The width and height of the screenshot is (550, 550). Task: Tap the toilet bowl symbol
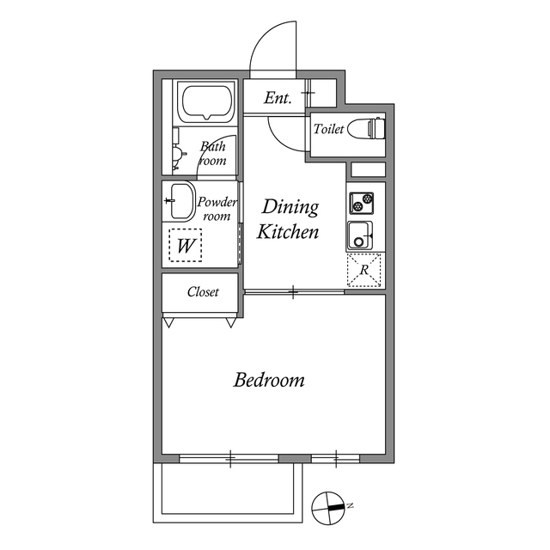pos(375,129)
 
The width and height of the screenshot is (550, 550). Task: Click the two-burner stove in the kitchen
pos(361,204)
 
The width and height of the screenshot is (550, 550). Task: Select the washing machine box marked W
pos(185,246)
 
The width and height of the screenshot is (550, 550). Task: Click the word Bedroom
pos(269,380)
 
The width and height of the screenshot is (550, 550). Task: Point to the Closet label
pos(203,292)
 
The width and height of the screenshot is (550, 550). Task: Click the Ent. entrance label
pos(278,99)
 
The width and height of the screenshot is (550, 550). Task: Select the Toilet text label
pos(329,130)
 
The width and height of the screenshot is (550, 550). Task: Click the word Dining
pos(290,207)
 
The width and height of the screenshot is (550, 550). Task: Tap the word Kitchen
pos(289,232)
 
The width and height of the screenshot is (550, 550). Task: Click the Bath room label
pos(213,153)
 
